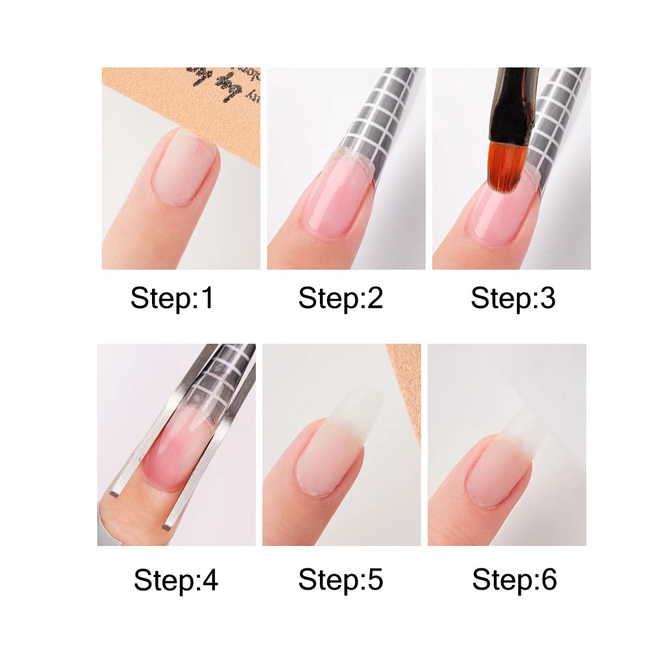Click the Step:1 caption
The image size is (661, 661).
173,298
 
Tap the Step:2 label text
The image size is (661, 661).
340,298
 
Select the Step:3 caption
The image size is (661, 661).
513,298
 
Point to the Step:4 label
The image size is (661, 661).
176,580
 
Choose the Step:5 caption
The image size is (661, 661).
340,580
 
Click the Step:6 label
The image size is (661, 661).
514,580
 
